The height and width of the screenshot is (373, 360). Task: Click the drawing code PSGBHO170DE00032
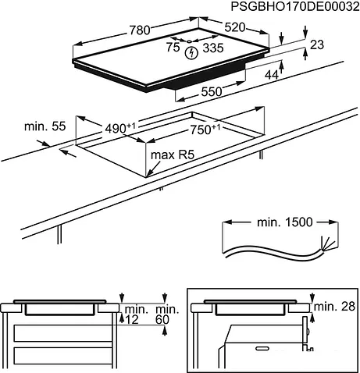pyautogui.click(x=295, y=6)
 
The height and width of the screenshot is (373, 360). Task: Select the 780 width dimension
pyautogui.click(x=140, y=30)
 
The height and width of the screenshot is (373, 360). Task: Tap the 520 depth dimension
pyautogui.click(x=235, y=27)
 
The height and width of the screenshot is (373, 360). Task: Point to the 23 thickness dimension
pyautogui.click(x=317, y=44)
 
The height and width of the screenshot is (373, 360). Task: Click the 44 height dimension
pyautogui.click(x=272, y=75)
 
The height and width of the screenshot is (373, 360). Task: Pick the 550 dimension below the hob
pyautogui.click(x=212, y=91)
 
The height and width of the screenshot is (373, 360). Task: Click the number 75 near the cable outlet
pyautogui.click(x=173, y=47)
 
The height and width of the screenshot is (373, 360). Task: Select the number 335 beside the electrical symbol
pyautogui.click(x=213, y=48)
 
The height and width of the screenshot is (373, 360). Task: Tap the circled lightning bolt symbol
pyautogui.click(x=191, y=53)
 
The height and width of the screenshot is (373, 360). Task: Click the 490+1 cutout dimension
pyautogui.click(x=120, y=128)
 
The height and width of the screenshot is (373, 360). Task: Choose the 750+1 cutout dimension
pyautogui.click(x=205, y=130)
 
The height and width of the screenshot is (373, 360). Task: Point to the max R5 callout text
pyautogui.click(x=173, y=155)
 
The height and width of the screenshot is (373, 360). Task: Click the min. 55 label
pyautogui.click(x=45, y=126)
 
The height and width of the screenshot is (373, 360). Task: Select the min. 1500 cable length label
pyautogui.click(x=284, y=222)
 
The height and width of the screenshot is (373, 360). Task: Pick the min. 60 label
pyautogui.click(x=167, y=314)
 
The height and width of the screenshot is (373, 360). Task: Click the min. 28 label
pyautogui.click(x=334, y=307)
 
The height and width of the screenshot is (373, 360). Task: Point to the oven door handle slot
pyautogui.click(x=264, y=348)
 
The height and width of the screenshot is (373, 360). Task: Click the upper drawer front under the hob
pyautogui.click(x=62, y=333)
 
